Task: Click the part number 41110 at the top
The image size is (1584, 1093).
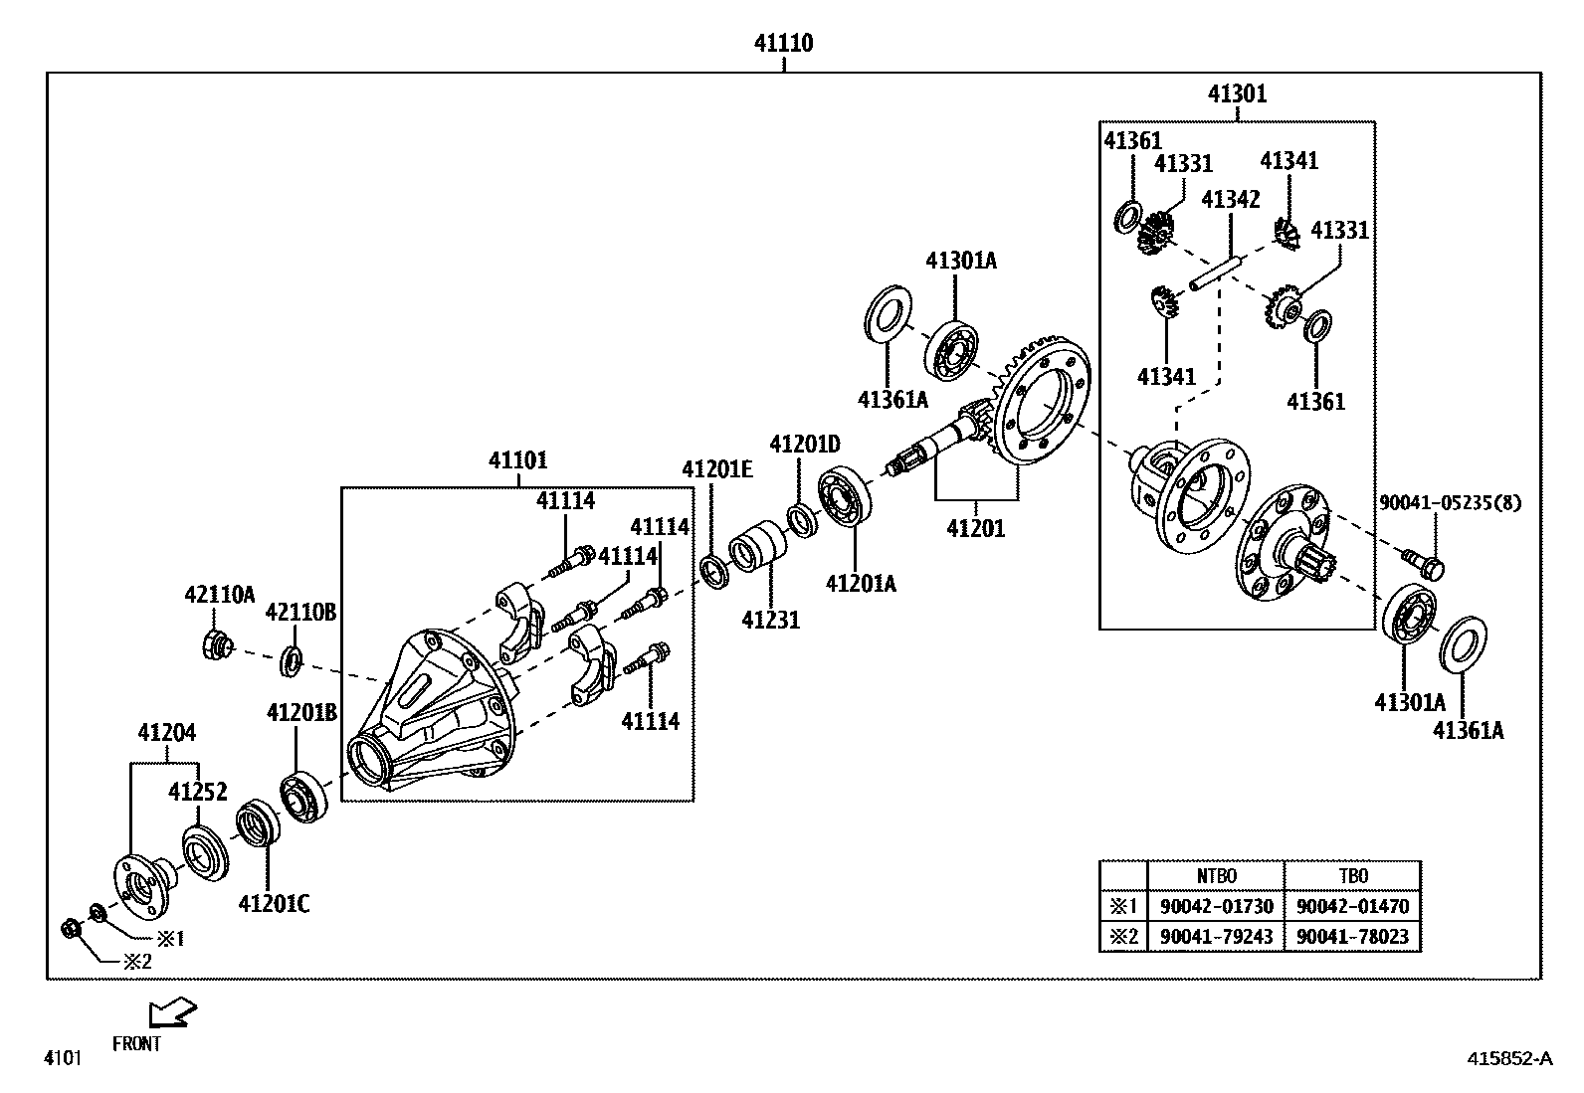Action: (784, 43)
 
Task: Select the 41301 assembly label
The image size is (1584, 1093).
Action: (1237, 93)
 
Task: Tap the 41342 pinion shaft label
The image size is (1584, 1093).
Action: (1230, 199)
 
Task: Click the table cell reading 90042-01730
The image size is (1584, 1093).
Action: (1215, 906)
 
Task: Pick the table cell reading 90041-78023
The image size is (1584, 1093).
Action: (1352, 936)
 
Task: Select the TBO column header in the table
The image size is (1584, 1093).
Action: (1352, 876)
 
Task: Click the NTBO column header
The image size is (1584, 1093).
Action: (1215, 876)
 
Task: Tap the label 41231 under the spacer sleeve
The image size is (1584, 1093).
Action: (770, 620)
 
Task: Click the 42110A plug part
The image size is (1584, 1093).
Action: (216, 646)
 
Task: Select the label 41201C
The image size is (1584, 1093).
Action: (274, 903)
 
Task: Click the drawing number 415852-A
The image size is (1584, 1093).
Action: (1508, 1058)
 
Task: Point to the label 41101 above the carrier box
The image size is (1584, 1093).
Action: (517, 460)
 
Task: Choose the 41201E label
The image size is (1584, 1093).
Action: (716, 468)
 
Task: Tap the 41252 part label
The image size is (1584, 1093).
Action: (197, 792)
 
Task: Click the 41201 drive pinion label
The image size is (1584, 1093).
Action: (975, 528)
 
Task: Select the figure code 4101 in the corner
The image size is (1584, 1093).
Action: (62, 1058)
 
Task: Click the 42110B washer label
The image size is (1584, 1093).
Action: (300, 612)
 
